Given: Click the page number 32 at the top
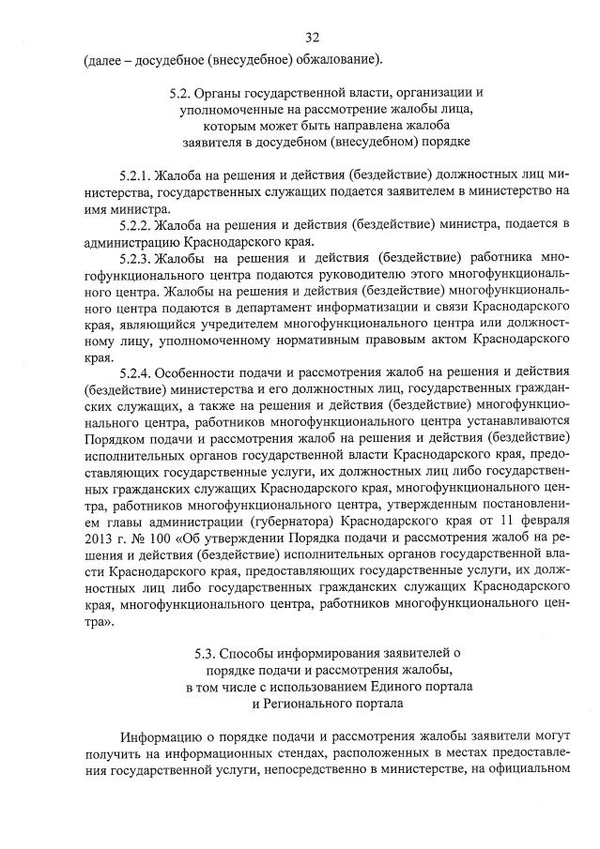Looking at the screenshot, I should coord(313,38).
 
